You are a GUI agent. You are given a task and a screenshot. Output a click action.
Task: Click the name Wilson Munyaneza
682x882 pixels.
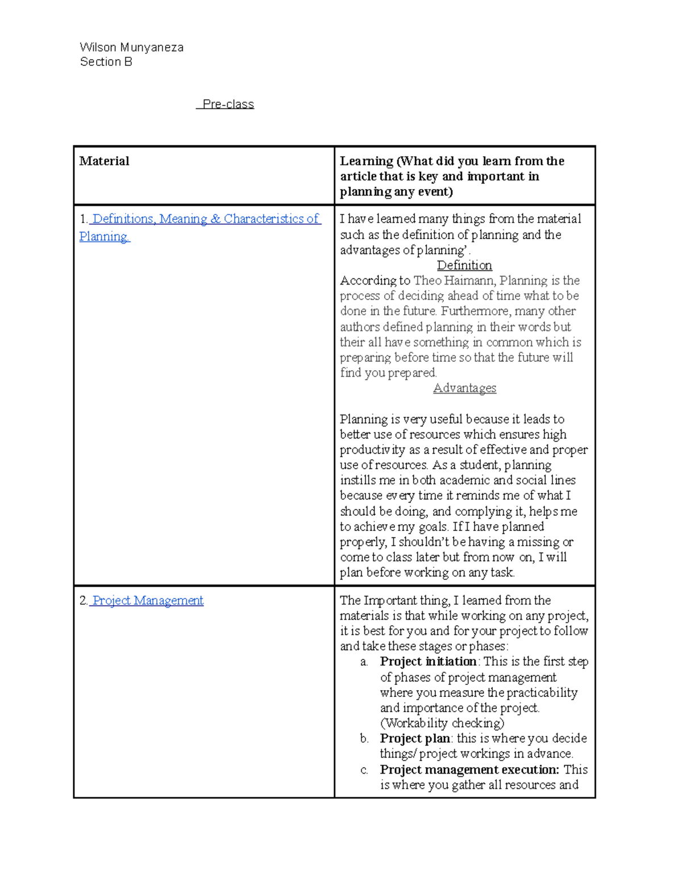(x=131, y=47)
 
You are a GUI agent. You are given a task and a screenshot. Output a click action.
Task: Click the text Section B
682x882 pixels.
(x=106, y=62)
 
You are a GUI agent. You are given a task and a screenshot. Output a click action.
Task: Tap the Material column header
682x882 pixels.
(x=104, y=161)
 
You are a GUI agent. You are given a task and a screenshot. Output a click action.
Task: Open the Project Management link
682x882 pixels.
(x=147, y=601)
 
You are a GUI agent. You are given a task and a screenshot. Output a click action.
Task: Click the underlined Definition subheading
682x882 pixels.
(x=464, y=266)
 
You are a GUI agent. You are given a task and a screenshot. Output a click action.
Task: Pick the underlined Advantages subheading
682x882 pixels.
(x=464, y=388)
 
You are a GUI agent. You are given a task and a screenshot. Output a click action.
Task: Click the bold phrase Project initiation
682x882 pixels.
(x=428, y=662)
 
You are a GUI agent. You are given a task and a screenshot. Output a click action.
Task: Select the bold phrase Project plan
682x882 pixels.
(x=414, y=739)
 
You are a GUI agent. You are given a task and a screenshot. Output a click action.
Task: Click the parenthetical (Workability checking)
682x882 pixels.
(x=442, y=724)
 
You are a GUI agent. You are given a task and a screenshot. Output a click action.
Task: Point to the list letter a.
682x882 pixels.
(x=364, y=662)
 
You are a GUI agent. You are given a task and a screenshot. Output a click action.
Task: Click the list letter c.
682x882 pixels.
(x=364, y=771)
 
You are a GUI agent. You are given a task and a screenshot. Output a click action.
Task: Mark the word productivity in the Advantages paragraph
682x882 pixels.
(x=372, y=450)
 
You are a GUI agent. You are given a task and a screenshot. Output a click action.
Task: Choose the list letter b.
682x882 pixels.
(x=364, y=739)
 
